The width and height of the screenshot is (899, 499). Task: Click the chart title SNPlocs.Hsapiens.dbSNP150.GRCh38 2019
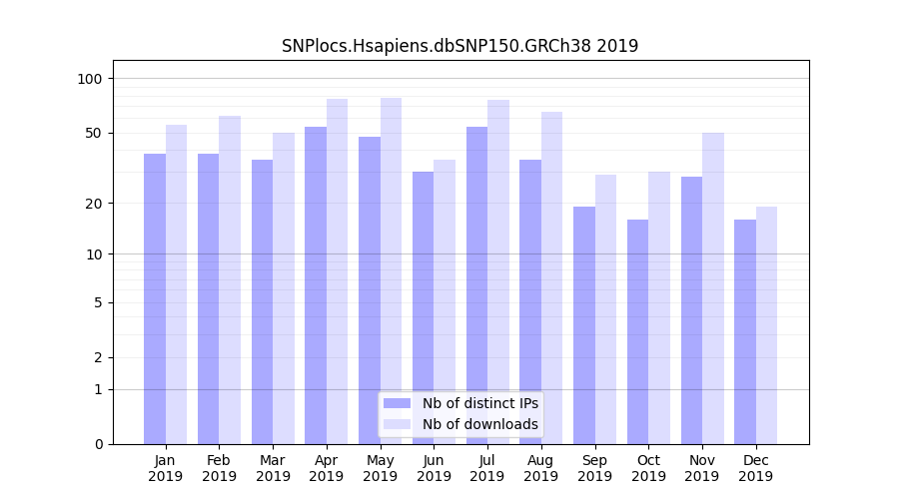pos(459,46)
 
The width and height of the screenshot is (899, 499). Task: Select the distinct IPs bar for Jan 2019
pos(155,298)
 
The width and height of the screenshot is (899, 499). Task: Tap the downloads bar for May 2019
pos(391,270)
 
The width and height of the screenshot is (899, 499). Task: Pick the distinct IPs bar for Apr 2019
pos(316,285)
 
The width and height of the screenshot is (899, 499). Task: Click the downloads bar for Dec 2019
pos(766,325)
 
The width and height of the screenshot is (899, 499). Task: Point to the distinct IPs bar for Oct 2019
pos(637,331)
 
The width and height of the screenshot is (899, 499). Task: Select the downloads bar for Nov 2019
pos(712,288)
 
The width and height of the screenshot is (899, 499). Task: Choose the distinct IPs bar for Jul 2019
pos(476,285)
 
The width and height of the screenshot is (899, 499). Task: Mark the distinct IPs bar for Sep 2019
pos(584,325)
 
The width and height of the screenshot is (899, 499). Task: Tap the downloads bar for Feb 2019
pos(230,279)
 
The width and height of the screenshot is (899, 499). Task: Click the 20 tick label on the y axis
pos(95,204)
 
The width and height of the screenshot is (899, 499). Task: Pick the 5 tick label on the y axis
pos(98,302)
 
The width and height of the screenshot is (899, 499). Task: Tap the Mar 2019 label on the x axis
pos(273,468)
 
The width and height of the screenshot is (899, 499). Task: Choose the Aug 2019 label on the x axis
pos(540,468)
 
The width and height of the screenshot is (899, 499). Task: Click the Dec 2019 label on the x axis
pos(755,468)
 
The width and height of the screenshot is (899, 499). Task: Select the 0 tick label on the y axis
pos(98,444)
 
